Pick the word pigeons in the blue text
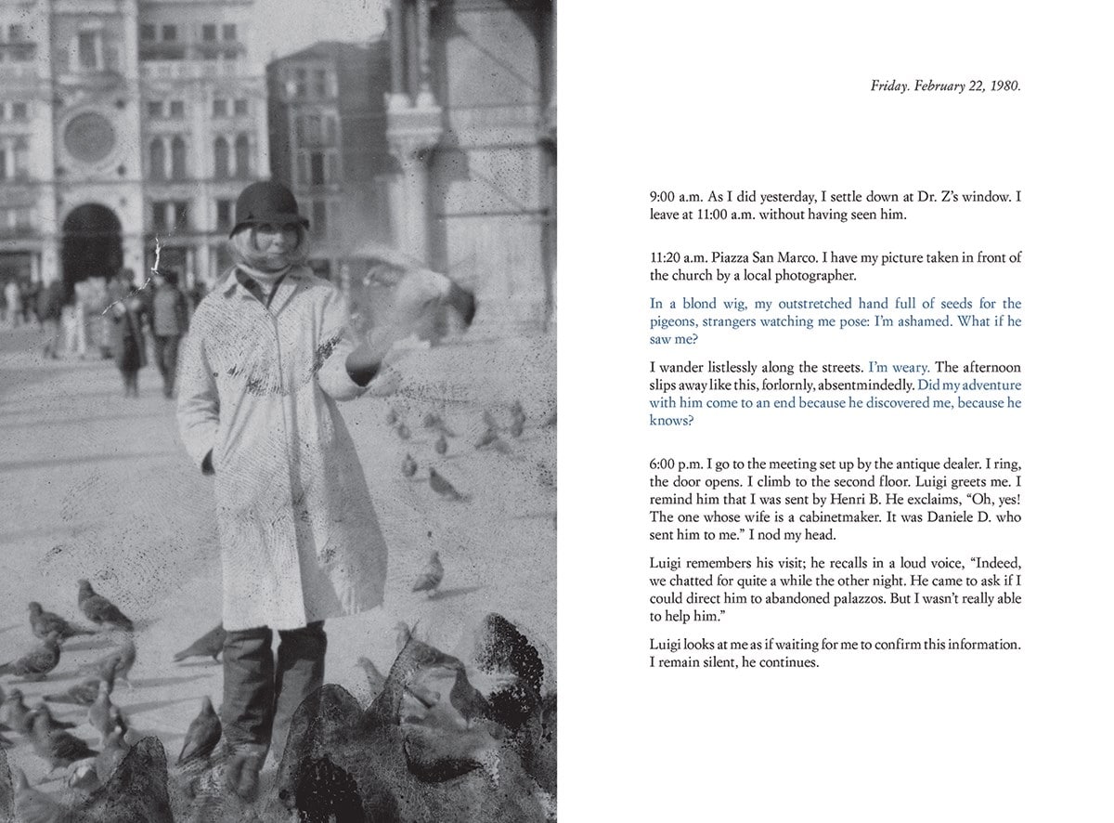[674, 321]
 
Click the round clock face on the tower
[89, 137]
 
